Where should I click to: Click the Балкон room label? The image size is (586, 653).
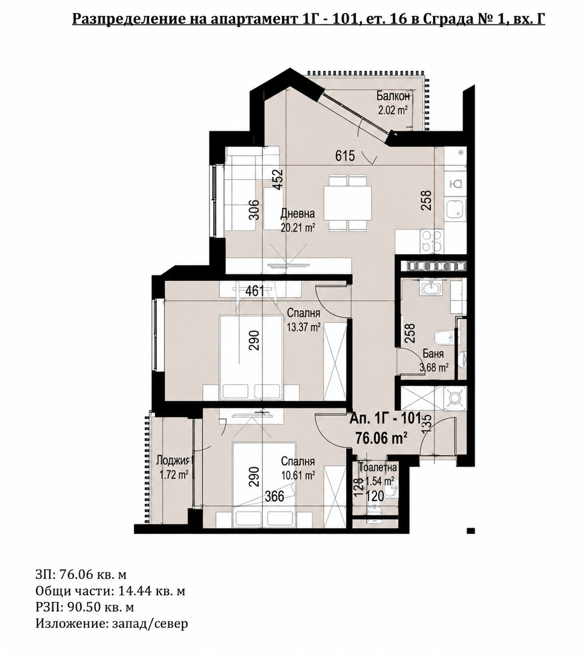[x=393, y=96]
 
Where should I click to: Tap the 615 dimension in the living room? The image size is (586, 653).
[x=345, y=156]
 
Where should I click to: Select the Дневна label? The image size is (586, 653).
[x=297, y=214]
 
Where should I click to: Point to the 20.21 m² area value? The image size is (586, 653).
[x=297, y=228]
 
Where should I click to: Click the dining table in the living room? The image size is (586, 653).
[x=347, y=203]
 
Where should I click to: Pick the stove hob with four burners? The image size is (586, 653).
[x=432, y=241]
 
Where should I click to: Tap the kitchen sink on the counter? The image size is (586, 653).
[x=456, y=209]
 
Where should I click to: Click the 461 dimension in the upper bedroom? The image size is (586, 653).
[x=255, y=291]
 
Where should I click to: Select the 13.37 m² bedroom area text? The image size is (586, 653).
[x=304, y=327]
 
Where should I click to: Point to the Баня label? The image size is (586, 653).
[x=433, y=354]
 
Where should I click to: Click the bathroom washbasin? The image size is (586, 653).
[x=430, y=288]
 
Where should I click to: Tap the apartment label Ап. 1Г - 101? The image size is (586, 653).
[x=385, y=419]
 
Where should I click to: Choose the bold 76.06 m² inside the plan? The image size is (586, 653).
[x=381, y=438]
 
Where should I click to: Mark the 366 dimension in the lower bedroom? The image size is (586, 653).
[x=274, y=496]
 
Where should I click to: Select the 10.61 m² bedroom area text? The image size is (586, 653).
[x=297, y=475]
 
